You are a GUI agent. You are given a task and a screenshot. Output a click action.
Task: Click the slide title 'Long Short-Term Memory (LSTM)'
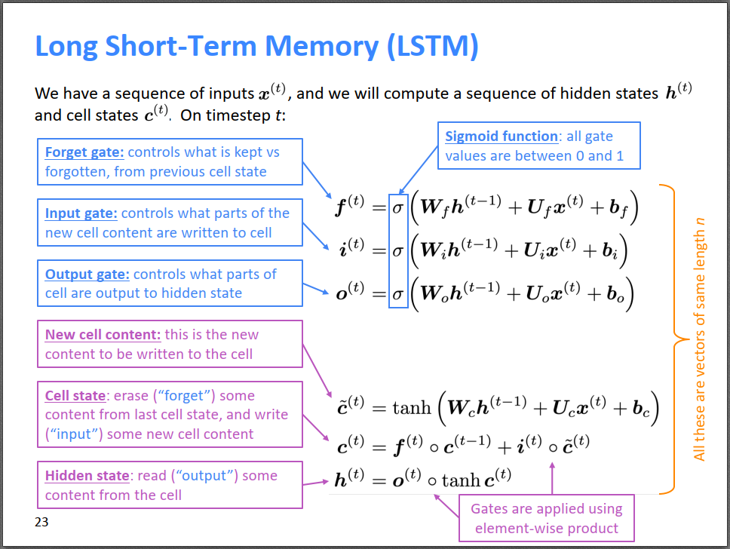256,47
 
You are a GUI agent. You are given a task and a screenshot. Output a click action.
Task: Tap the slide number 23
41,522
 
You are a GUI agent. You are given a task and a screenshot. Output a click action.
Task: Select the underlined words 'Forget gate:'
84,153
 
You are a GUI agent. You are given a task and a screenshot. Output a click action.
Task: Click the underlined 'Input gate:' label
81,213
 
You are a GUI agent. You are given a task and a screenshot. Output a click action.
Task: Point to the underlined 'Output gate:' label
87,274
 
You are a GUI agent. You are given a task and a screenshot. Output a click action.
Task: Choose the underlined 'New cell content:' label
103,335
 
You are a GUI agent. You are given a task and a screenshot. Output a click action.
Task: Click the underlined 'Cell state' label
75,396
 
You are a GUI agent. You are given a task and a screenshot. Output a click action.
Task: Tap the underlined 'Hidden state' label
87,476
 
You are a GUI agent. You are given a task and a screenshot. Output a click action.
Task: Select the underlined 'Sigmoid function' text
501,136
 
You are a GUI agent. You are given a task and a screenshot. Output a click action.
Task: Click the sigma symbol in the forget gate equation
397,207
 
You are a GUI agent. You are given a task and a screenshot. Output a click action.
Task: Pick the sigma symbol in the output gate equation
397,294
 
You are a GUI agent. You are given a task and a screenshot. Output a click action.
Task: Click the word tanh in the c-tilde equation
412,408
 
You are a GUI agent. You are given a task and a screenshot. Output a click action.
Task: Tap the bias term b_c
640,409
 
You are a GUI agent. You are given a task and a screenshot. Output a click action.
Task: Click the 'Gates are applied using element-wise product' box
547,518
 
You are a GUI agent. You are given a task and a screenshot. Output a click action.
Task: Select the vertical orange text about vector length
699,339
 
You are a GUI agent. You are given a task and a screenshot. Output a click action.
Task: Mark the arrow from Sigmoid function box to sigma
419,170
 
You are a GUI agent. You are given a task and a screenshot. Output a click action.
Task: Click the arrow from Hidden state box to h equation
316,483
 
